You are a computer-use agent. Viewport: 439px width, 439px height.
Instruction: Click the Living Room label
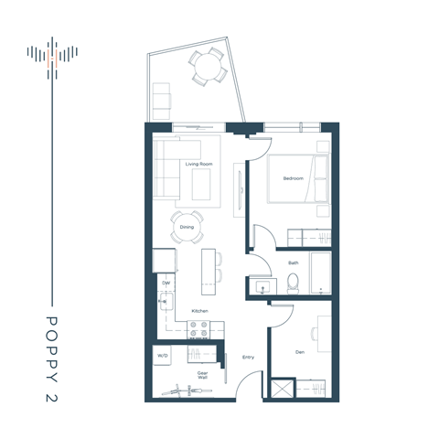pyautogui.click(x=199, y=165)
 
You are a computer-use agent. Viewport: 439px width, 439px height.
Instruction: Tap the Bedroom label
pyautogui.click(x=293, y=178)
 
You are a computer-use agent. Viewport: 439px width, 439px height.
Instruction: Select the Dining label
pyautogui.click(x=187, y=226)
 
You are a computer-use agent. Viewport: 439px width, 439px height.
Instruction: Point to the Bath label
pyautogui.click(x=293, y=262)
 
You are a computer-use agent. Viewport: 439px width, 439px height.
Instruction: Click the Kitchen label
pyautogui.click(x=199, y=312)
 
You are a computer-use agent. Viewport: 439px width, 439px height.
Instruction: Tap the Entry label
pyautogui.click(x=248, y=357)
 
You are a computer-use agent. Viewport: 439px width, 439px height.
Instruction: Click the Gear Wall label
pyautogui.click(x=203, y=374)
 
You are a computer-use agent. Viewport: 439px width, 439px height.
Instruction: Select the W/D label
pyautogui.click(x=163, y=355)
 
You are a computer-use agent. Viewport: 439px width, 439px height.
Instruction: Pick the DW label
pyautogui.click(x=166, y=284)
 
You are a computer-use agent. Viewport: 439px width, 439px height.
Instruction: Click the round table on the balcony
pyautogui.click(x=206, y=66)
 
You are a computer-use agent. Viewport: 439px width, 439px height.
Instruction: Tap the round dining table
pyautogui.click(x=187, y=227)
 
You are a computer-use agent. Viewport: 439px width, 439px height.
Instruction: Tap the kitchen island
pyautogui.click(x=209, y=271)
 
